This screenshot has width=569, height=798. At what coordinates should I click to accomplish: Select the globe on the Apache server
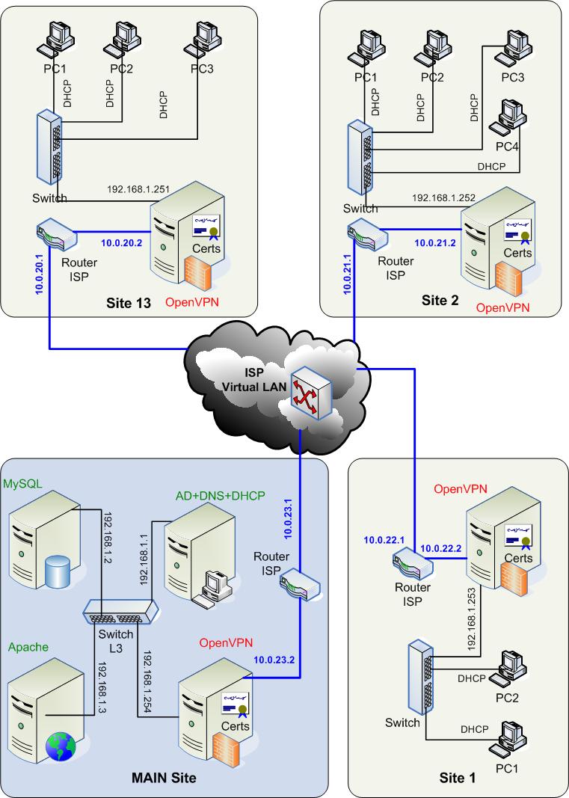pyautogui.click(x=58, y=745)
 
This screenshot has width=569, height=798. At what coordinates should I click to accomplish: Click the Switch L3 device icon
pyautogui.click(x=120, y=611)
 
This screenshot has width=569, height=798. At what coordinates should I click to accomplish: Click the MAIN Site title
pyautogui.click(x=164, y=779)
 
